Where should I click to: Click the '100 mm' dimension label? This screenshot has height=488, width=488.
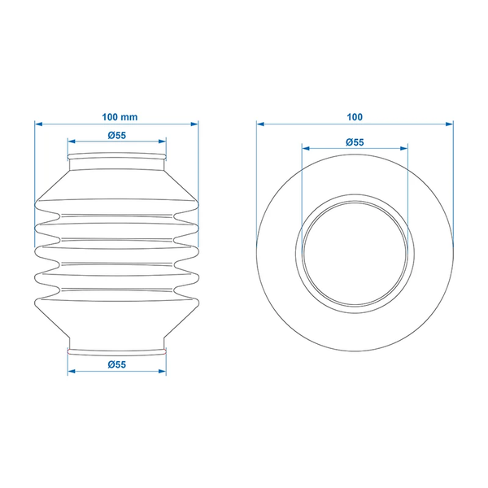(120, 117)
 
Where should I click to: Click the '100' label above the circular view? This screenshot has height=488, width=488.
(355, 117)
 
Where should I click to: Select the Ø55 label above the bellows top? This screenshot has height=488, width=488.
(117, 135)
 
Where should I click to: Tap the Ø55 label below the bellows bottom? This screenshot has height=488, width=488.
(117, 364)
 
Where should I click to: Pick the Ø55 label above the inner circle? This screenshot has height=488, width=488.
(355, 142)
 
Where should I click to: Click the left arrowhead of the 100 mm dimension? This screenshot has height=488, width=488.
(38, 124)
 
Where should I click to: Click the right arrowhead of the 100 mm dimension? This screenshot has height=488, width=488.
(194, 124)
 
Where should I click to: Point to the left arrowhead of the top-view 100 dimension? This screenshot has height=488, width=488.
(260, 124)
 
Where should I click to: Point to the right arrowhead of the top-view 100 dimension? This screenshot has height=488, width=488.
(450, 124)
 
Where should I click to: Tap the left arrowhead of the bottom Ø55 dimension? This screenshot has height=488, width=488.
(72, 371)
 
